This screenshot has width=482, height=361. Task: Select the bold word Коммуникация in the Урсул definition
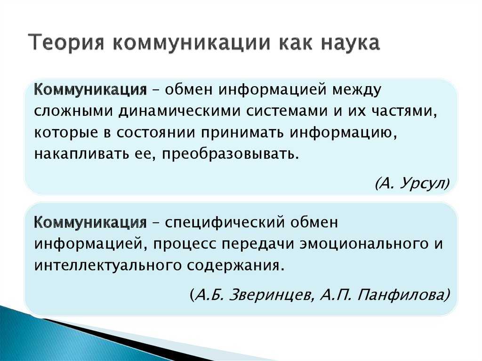coord(90,90)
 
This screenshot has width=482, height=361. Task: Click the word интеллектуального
coord(107,265)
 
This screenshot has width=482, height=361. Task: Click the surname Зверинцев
coord(272,295)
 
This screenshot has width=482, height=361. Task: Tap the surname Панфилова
coord(401,295)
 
